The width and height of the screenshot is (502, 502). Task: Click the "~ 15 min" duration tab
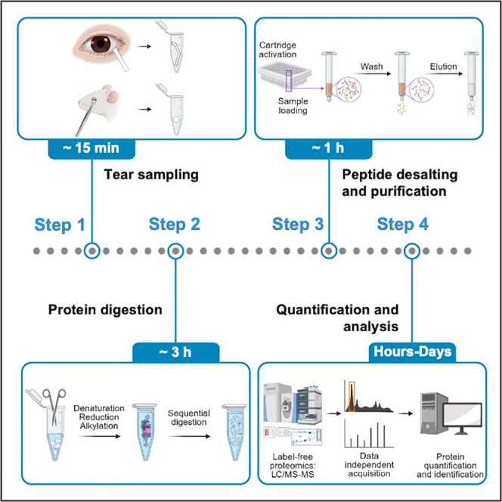[x=91, y=148]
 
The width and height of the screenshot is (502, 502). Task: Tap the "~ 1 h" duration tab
[x=328, y=148]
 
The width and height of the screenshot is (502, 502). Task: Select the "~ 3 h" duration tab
[x=175, y=352]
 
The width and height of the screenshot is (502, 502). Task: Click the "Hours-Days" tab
[x=412, y=352]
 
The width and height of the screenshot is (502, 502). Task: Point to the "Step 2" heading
[x=175, y=224]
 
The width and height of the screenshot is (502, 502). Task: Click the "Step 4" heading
[x=403, y=224]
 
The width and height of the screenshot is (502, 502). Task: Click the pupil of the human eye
[x=101, y=44]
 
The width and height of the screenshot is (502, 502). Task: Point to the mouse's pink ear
[x=112, y=96]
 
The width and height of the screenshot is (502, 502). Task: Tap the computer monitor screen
[x=465, y=414]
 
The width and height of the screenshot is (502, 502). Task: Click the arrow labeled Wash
[x=372, y=74]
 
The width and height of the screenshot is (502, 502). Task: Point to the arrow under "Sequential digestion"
[x=189, y=436]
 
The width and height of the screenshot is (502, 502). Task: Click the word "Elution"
[x=444, y=67]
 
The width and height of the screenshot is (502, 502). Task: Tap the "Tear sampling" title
[x=151, y=175]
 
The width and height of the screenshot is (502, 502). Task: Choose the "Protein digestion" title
[x=105, y=310]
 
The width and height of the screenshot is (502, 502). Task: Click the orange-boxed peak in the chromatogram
[x=352, y=396]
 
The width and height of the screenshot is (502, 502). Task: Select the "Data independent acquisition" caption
[x=369, y=464]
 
